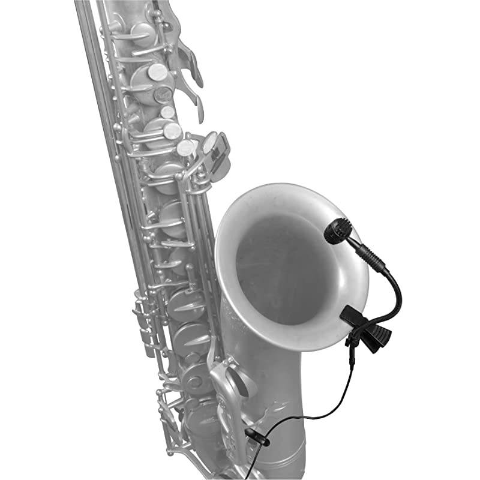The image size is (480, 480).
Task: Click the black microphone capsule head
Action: tap(338, 231)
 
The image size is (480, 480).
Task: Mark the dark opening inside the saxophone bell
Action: tap(282, 264)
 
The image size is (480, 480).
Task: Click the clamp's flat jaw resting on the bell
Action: tap(352, 315)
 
